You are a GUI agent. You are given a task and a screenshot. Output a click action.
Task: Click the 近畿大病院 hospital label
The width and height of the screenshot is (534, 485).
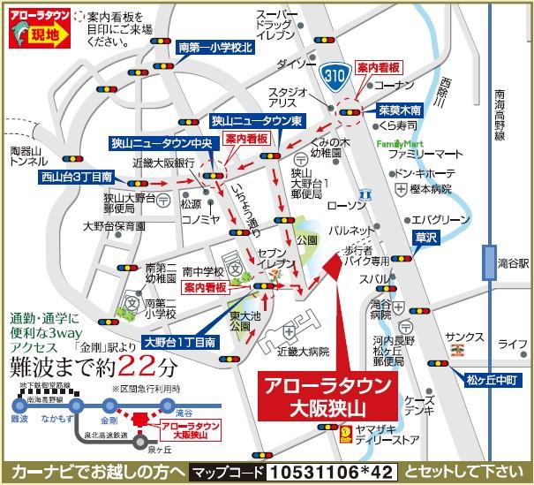[304, 352]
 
